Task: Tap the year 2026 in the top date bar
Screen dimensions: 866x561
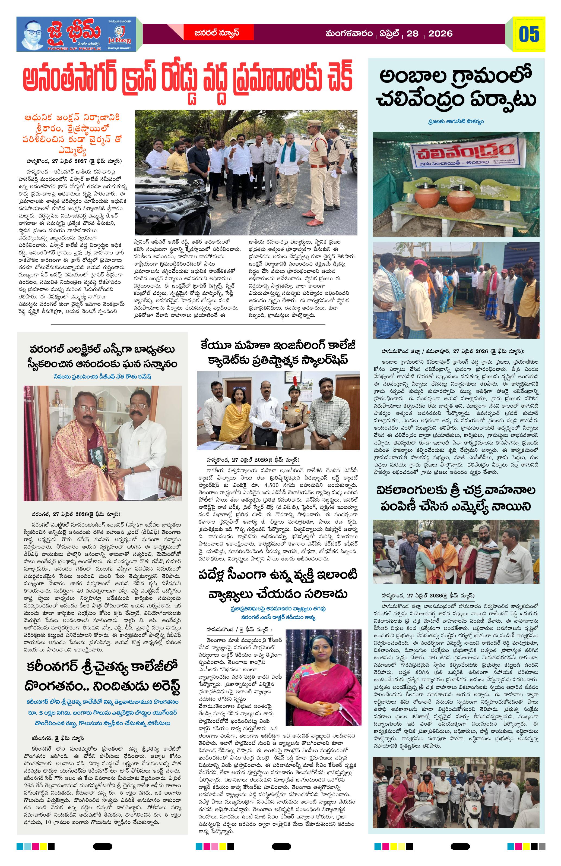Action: pyautogui.click(x=440, y=34)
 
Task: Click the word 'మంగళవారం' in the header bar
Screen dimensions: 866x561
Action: pyautogui.click(x=349, y=34)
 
